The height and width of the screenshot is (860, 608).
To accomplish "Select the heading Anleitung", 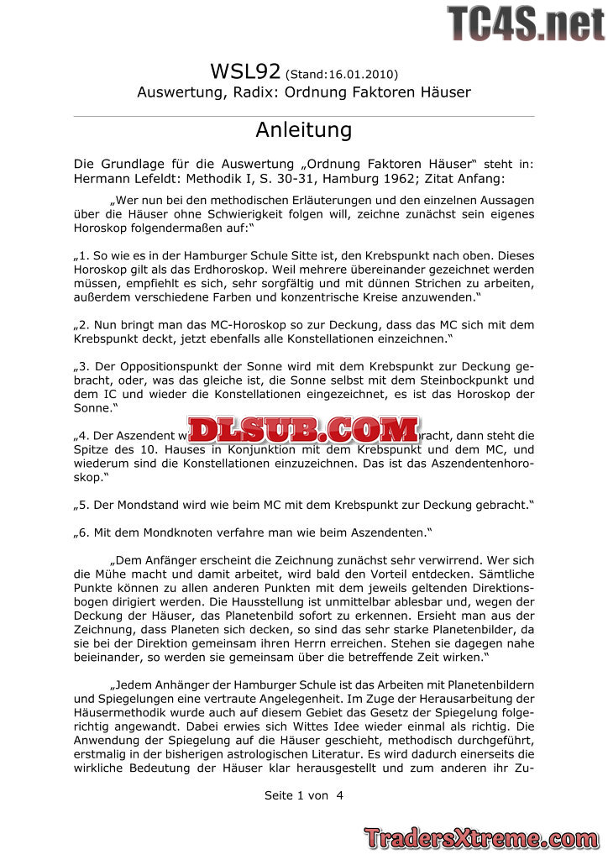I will [x=303, y=130].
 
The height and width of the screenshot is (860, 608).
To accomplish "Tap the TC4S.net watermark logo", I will [x=526, y=23].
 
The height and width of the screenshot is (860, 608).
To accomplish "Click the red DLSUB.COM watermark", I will [x=304, y=430].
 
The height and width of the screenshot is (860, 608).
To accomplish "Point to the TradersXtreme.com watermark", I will [x=481, y=838].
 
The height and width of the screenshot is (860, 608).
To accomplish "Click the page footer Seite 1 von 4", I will [x=303, y=795].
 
